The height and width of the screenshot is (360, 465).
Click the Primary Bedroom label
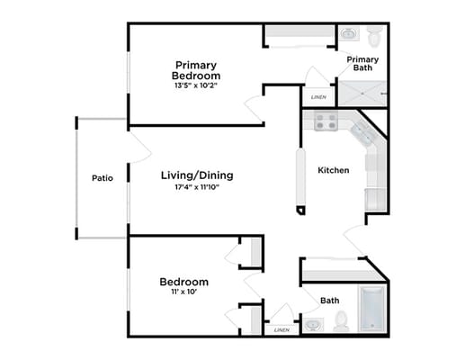[x=196, y=70]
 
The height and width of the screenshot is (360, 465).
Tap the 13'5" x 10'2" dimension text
[x=196, y=85]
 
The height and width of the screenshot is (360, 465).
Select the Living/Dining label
[x=197, y=175]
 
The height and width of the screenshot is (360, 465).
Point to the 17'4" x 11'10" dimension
[x=197, y=187]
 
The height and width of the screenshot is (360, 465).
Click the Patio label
[x=103, y=178]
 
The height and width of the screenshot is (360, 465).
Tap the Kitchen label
[x=334, y=170]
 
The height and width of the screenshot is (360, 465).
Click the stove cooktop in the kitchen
[x=326, y=121]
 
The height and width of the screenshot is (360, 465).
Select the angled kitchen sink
[x=363, y=135]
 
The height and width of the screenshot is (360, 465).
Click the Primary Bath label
[x=362, y=64]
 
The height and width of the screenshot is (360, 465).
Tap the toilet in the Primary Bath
[x=374, y=37]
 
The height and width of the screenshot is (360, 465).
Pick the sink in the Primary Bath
[x=349, y=33]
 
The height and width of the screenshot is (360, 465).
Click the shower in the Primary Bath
[x=362, y=94]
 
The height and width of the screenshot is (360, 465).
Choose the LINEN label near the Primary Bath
[x=318, y=97]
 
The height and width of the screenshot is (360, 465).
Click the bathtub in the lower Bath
[x=371, y=309]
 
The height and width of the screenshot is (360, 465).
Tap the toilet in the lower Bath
[x=341, y=321]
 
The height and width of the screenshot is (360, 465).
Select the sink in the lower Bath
[x=313, y=325]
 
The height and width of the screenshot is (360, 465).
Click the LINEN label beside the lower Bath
[x=282, y=330]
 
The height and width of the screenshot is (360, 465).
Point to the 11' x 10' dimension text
[x=183, y=292]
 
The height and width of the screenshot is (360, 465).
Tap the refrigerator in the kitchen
[x=375, y=199]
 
